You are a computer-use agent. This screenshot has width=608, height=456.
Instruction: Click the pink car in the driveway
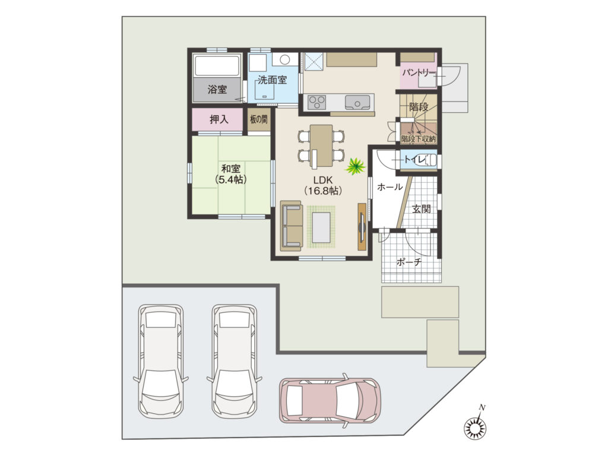pyautogui.click(x=330, y=401)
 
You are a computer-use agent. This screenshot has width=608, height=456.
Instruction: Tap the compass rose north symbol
pyautogui.click(x=476, y=428)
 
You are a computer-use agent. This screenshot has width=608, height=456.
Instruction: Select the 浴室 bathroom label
pyautogui.click(x=217, y=90)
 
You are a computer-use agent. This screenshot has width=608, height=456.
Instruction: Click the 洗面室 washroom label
pyautogui.click(x=272, y=80)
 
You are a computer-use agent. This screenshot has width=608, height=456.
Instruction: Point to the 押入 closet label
pyautogui.click(x=219, y=119)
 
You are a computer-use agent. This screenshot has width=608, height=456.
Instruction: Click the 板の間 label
pyautogui.click(x=259, y=119)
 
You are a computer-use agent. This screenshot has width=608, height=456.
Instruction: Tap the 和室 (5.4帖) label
pyautogui.click(x=231, y=174)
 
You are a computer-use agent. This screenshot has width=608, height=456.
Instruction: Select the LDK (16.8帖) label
pyautogui.click(x=323, y=185)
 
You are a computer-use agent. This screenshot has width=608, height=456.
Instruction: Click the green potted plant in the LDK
pyautogui.click(x=356, y=166)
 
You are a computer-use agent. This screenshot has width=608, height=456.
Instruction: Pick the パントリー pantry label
pyautogui.click(x=419, y=72)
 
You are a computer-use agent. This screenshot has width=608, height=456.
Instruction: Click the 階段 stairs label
pyautogui.click(x=419, y=107)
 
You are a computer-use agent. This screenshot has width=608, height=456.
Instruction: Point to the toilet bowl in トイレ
pyautogui.click(x=429, y=160)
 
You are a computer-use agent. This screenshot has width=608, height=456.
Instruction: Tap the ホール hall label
pyautogui.click(x=389, y=187)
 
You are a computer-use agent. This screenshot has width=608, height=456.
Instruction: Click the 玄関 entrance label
pyautogui.click(x=421, y=210)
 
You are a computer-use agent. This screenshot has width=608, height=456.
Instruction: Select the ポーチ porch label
pyautogui.click(x=408, y=262)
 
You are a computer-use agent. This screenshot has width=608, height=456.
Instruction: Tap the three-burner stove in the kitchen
pyautogui.click(x=317, y=102)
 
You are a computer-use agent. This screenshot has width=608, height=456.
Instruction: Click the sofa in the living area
pyautogui.click(x=291, y=226)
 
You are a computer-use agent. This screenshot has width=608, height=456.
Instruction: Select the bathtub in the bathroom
pyautogui.click(x=216, y=66)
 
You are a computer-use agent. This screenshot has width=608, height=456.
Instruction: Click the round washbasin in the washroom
pyautogui.click(x=285, y=60)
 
